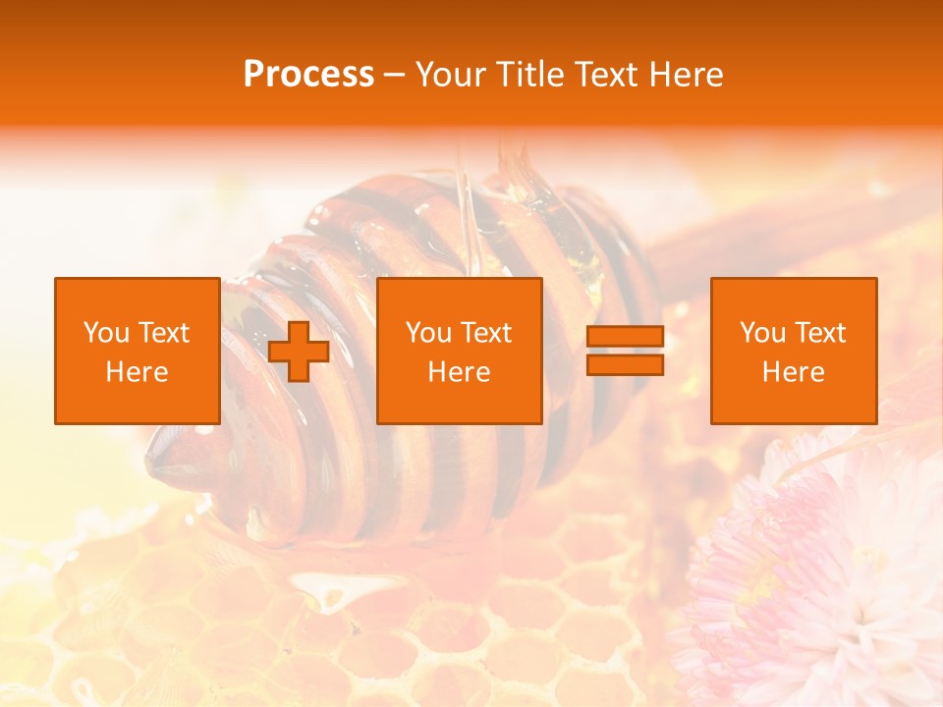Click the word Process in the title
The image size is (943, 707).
[308, 75]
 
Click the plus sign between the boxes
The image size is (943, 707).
[299, 351]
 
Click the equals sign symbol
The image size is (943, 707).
[625, 351]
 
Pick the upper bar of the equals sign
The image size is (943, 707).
[625, 337]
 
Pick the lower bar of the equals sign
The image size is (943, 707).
[625, 364]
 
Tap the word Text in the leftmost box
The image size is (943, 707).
[163, 333]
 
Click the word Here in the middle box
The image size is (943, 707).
[459, 372]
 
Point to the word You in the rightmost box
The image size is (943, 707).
[763, 333]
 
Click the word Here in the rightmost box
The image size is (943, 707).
[793, 372]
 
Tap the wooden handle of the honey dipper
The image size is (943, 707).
[747, 236]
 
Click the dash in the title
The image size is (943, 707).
[395, 75]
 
